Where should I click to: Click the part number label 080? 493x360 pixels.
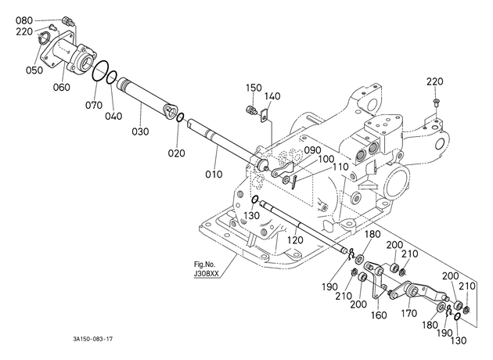[x=24, y=21]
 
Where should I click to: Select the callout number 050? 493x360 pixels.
[x=34, y=70]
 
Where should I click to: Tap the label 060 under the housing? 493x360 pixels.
[x=61, y=87]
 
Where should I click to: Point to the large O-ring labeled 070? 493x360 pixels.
[x=101, y=72]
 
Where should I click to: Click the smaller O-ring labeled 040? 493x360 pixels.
[x=111, y=77]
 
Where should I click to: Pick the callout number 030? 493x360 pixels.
[x=140, y=131]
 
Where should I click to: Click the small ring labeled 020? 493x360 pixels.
[x=180, y=117]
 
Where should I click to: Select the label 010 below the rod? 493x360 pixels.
[x=214, y=175]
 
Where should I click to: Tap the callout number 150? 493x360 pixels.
[x=254, y=88]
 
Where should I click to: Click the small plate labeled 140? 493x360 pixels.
[x=264, y=115]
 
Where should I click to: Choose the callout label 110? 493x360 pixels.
[x=340, y=167]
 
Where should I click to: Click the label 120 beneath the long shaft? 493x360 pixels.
[x=295, y=240]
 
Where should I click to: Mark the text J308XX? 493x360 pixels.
[x=207, y=274]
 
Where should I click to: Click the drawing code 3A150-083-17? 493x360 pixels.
[x=92, y=339]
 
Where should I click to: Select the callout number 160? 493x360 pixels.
[x=379, y=315]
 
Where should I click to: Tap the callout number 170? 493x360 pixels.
[x=408, y=313]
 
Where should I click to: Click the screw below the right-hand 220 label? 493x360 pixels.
[x=436, y=102]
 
